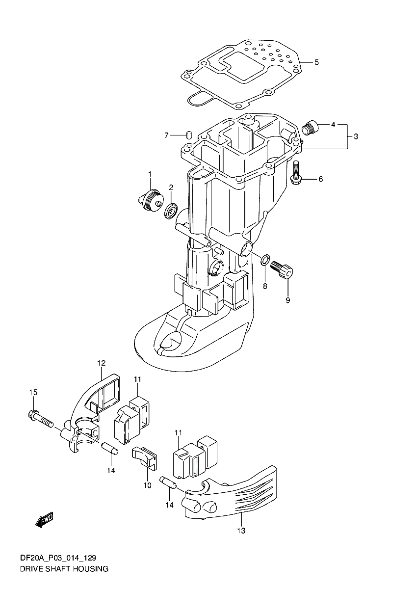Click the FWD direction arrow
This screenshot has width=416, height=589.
pyautogui.click(x=45, y=520)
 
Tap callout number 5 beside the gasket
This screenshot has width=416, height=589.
pyautogui.click(x=317, y=62)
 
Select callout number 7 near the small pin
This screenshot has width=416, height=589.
pyautogui.click(x=166, y=135)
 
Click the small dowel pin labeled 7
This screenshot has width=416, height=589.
pyautogui.click(x=189, y=134)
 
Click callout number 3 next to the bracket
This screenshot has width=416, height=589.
pyautogui.click(x=356, y=136)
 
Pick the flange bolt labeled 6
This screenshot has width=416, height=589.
pyautogui.click(x=296, y=172)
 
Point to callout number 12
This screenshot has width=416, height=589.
pyautogui.click(x=101, y=363)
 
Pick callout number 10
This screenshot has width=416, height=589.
pyautogui.click(x=148, y=485)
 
